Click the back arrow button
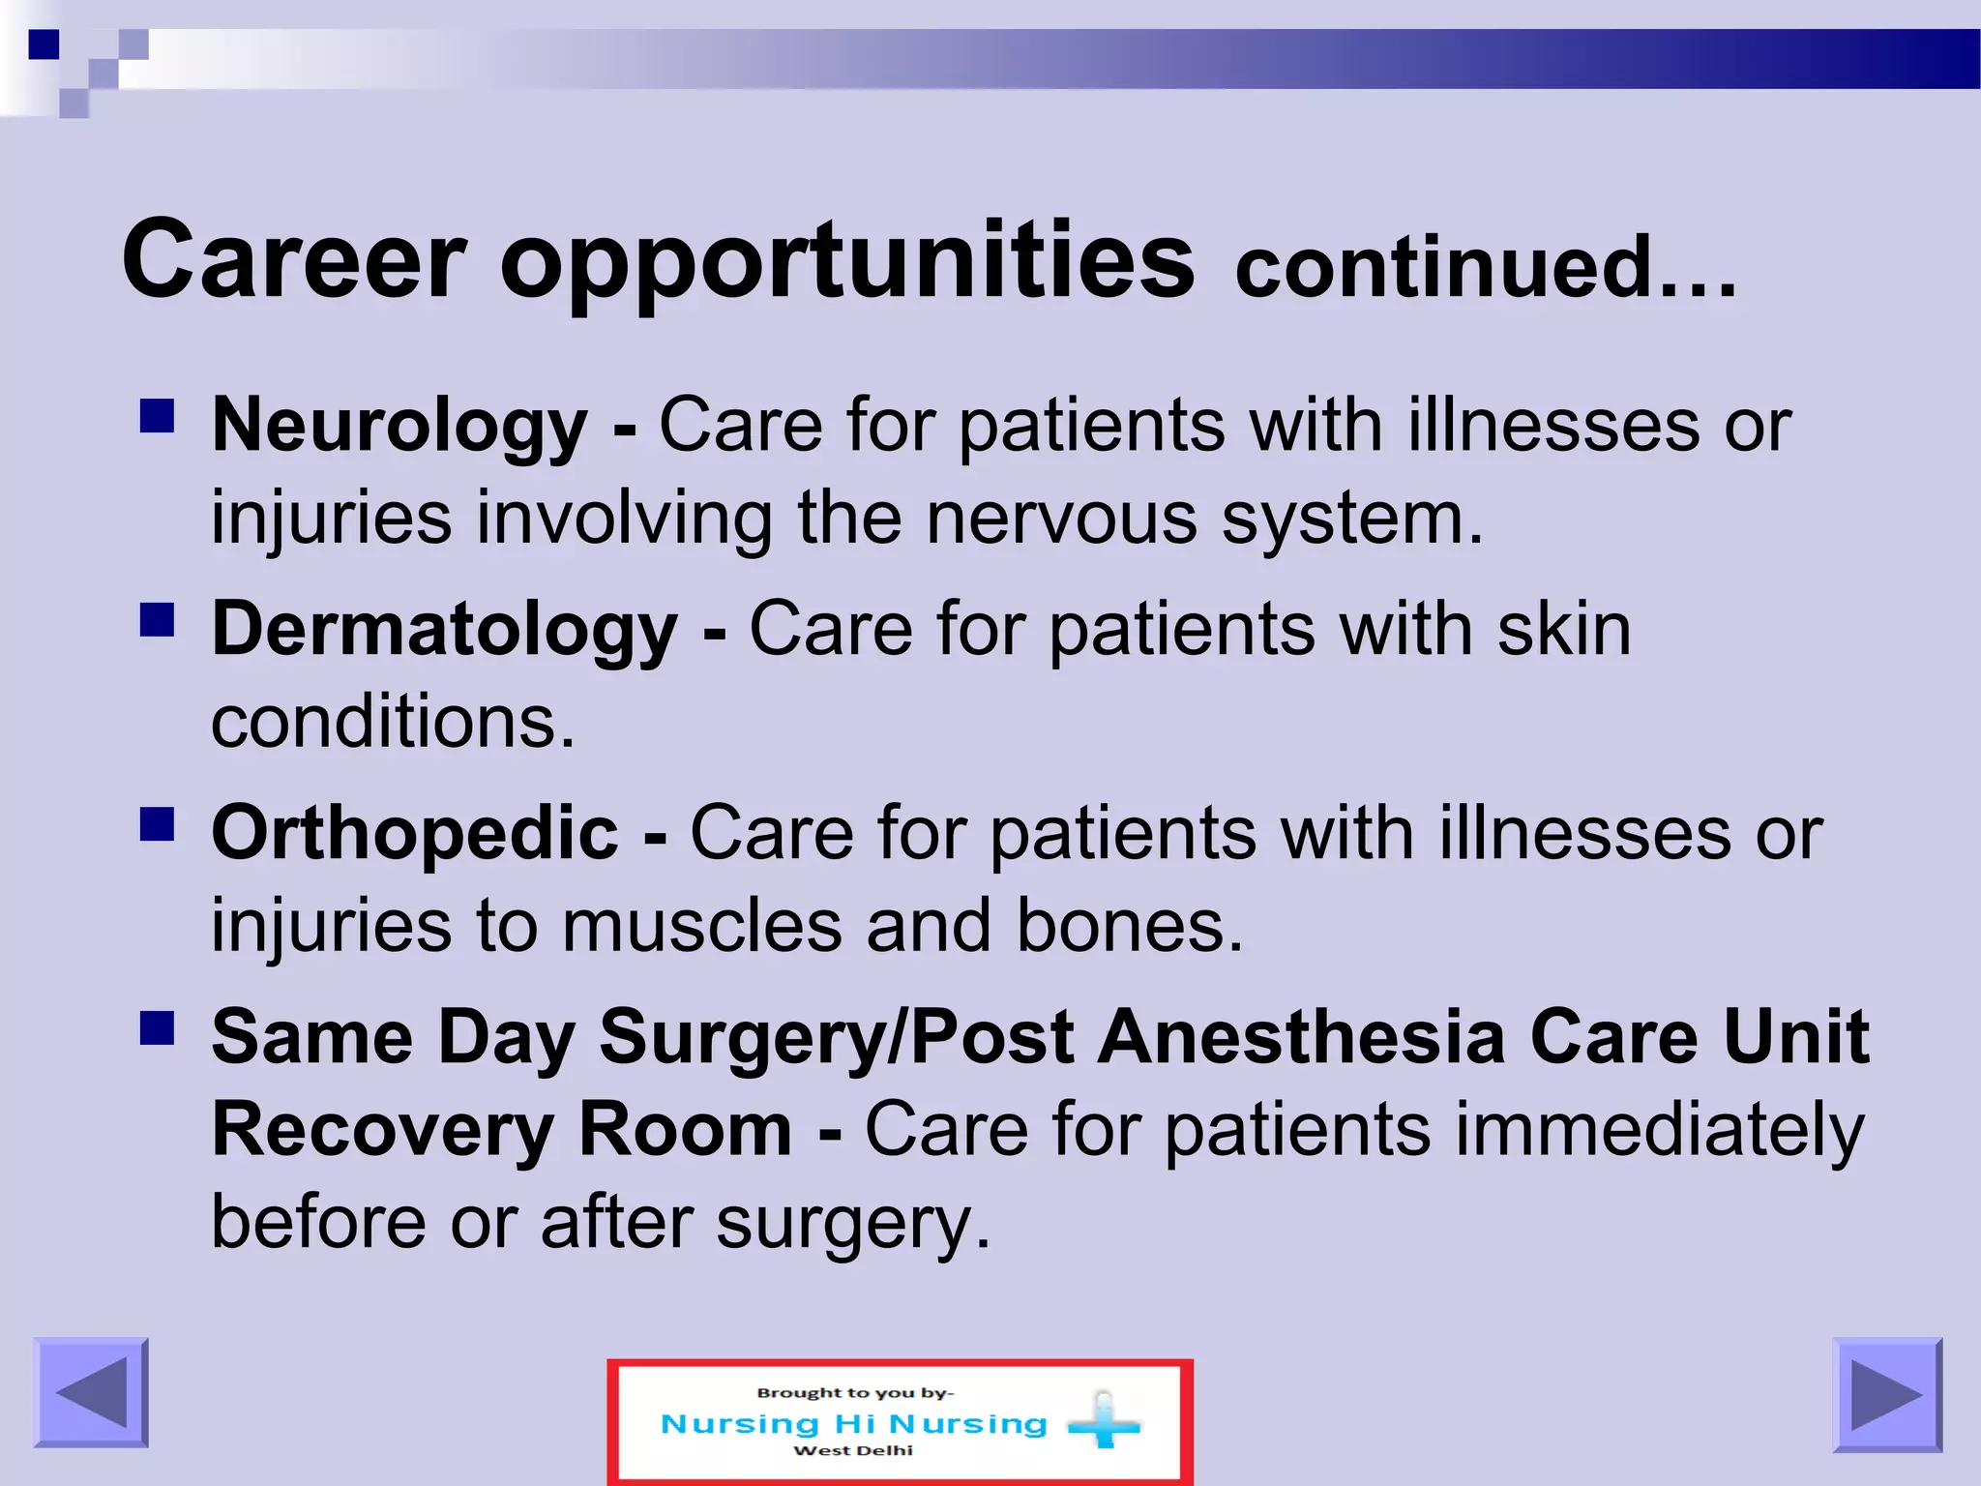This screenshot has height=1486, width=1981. [x=91, y=1392]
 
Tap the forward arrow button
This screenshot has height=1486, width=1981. [x=1886, y=1394]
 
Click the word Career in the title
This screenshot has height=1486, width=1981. [x=294, y=259]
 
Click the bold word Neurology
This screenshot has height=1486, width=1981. [x=399, y=426]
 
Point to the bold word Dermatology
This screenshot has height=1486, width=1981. [x=444, y=630]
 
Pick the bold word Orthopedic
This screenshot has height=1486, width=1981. [x=415, y=833]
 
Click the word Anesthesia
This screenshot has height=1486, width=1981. [x=1302, y=1037]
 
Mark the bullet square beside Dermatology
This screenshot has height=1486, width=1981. [x=157, y=620]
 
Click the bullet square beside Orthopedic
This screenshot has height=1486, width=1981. [x=157, y=824]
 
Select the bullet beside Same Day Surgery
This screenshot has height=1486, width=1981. [x=157, y=1028]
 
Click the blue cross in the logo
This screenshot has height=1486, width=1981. [x=1104, y=1423]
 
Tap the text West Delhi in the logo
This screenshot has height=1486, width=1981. [x=853, y=1450]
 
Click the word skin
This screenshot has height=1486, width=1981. [x=1564, y=630]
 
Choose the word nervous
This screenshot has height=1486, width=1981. [x=1061, y=519]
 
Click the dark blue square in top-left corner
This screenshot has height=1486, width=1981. [x=44, y=45]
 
